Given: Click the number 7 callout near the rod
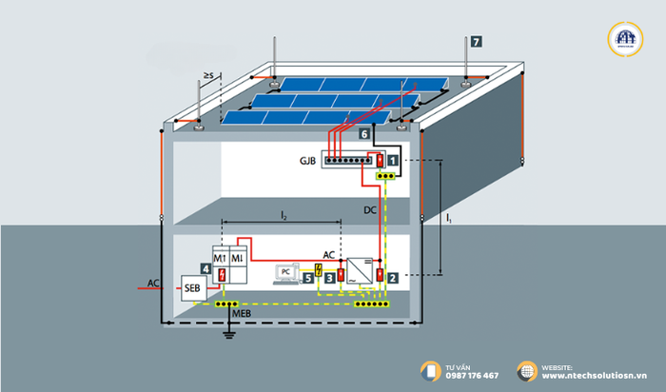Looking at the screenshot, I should click(x=476, y=41).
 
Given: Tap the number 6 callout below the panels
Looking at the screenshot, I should click(x=364, y=135).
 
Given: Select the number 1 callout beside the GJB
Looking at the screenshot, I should click(x=391, y=163).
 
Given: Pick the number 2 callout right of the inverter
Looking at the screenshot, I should click(x=391, y=278).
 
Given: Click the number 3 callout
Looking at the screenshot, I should click(x=329, y=278).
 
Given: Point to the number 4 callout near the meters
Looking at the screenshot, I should click(x=206, y=269).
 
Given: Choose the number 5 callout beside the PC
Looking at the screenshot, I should click(x=306, y=278).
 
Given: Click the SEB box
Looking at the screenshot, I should click(x=191, y=287).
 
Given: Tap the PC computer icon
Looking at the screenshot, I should click(x=284, y=275).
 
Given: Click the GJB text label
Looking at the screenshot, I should click(x=306, y=162).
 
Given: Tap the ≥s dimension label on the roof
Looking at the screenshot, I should click(x=208, y=73).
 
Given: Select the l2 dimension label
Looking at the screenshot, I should click(x=284, y=218).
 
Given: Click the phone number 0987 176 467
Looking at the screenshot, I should click(x=471, y=376).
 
